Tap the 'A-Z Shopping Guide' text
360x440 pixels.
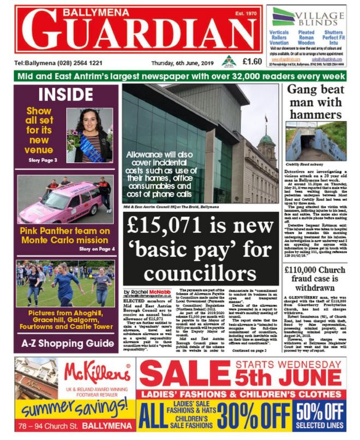[x=64, y=343]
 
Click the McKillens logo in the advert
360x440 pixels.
[x=97, y=373]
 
